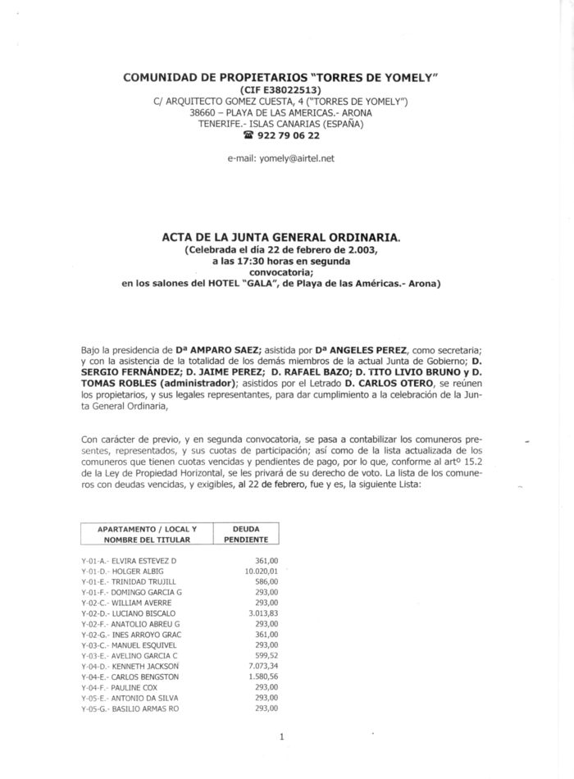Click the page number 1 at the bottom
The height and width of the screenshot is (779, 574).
tap(281, 736)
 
